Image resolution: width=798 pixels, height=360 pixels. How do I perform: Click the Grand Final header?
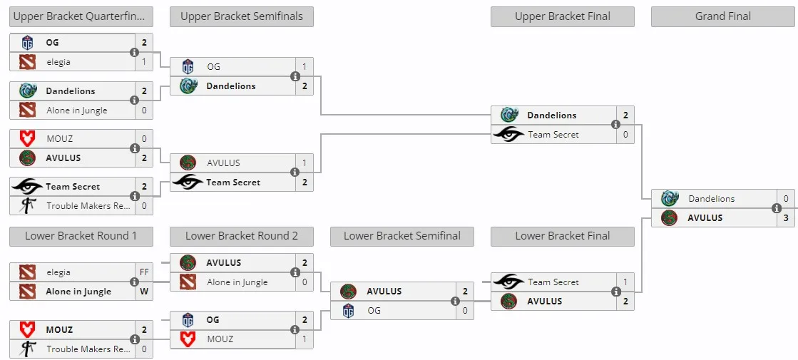coord(722,16)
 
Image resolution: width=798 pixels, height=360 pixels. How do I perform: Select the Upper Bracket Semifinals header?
coord(242,16)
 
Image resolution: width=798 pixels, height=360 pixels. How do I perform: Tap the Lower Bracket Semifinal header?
coord(402,236)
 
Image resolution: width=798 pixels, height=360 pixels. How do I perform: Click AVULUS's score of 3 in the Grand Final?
coord(786,217)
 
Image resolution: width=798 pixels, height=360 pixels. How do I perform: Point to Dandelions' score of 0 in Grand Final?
coord(786,199)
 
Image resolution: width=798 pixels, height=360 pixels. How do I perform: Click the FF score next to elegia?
coord(144,272)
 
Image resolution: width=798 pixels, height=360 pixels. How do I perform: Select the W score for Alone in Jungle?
coord(144,292)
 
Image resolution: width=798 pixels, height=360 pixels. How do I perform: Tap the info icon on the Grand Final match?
coord(777,208)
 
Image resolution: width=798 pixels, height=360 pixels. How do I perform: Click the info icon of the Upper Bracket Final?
coord(616,125)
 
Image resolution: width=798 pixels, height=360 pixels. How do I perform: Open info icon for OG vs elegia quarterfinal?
coord(134,52)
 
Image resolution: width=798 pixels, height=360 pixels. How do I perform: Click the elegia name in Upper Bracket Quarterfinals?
coord(58,62)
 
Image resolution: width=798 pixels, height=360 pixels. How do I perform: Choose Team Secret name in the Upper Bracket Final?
coord(553,135)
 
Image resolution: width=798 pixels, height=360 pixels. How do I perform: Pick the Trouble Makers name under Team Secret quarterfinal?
coord(88,206)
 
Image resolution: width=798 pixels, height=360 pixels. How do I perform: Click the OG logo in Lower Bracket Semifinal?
coord(348,310)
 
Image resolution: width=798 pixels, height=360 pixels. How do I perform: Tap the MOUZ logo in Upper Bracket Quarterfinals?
coord(27,138)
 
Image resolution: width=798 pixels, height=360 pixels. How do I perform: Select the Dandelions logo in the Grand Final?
coord(670,199)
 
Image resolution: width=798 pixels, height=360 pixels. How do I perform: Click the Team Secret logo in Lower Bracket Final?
coord(508,282)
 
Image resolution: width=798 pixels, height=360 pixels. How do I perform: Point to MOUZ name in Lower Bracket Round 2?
coord(220,339)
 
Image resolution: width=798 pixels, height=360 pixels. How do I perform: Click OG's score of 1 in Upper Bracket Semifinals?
coord(305,66)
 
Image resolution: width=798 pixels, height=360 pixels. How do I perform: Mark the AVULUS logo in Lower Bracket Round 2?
coord(188,263)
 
